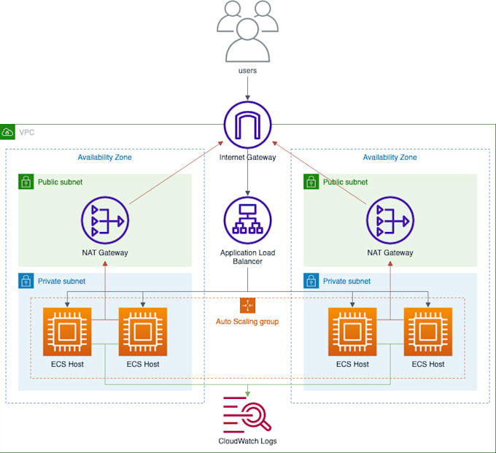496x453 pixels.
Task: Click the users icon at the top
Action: click(x=247, y=31)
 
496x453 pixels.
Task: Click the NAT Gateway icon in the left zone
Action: click(x=105, y=220)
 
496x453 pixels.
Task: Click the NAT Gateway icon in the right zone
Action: click(x=390, y=220)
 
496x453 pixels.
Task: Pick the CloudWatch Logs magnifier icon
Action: click(x=247, y=414)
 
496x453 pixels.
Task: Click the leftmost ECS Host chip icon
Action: click(x=67, y=332)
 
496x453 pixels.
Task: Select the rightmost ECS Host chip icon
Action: click(x=428, y=332)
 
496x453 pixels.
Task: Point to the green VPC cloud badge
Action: click(x=8, y=132)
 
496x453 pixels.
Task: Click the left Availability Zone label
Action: click(x=105, y=158)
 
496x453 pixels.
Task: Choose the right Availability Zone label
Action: click(x=390, y=158)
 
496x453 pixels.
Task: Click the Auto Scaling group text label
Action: click(x=247, y=322)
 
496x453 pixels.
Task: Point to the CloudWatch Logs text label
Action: click(x=247, y=441)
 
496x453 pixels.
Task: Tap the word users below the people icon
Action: click(x=247, y=71)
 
